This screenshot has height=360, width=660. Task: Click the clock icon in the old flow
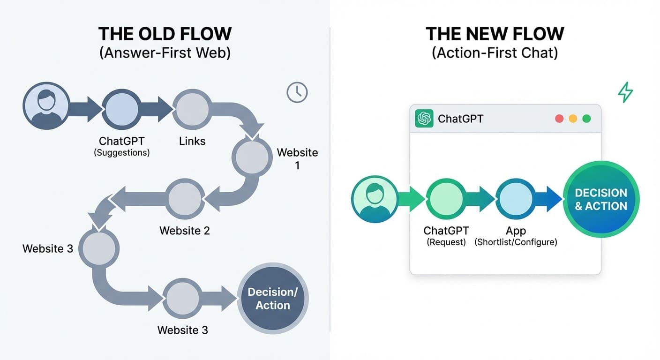(x=297, y=92)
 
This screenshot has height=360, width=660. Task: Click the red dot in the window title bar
(x=559, y=119)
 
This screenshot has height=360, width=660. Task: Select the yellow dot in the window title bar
(x=573, y=119)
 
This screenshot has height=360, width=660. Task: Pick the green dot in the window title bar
(x=586, y=119)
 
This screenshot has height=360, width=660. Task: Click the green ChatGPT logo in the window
(x=424, y=119)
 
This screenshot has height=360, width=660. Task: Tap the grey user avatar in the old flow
(x=45, y=106)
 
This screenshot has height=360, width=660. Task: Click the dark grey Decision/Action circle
(x=272, y=298)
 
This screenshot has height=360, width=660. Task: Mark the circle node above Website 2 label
(x=185, y=199)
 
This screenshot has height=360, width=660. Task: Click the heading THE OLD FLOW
(x=165, y=34)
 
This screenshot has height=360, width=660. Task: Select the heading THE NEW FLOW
(x=495, y=34)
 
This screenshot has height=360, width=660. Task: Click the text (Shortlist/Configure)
(x=516, y=242)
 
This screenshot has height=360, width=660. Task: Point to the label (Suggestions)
(x=121, y=153)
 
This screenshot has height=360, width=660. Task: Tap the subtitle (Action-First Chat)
(x=495, y=52)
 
